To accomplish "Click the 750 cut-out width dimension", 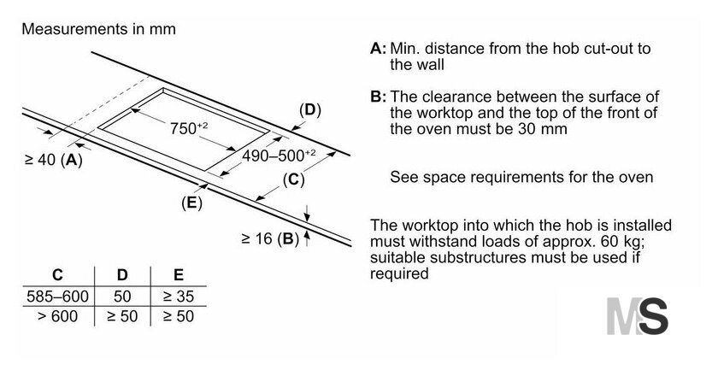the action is [x=189, y=128].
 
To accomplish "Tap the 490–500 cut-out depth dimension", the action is [x=279, y=156].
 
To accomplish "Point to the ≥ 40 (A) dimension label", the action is [x=54, y=160].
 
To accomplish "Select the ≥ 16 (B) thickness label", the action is [x=270, y=238].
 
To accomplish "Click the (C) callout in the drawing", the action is [x=293, y=179].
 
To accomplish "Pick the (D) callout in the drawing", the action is [x=310, y=110].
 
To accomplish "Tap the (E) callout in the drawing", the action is [x=191, y=203].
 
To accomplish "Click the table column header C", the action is [x=57, y=275].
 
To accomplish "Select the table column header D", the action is [x=122, y=275].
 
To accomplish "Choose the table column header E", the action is [x=179, y=275].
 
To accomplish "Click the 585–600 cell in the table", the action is [x=57, y=297].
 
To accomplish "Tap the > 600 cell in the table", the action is [x=58, y=316].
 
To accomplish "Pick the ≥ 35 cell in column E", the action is [x=179, y=297].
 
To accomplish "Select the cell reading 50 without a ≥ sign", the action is [x=122, y=297].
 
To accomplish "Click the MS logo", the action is [x=638, y=316].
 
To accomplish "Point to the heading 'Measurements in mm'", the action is [x=99, y=29].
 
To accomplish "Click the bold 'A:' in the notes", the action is [x=378, y=48].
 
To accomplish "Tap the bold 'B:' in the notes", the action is [x=378, y=97].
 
